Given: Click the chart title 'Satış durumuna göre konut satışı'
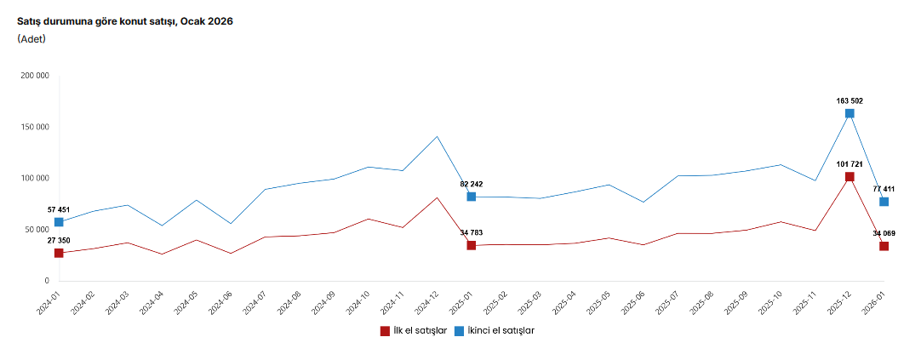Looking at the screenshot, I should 125,21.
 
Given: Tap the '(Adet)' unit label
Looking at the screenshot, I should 31,39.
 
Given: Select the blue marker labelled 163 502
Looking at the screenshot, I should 850,113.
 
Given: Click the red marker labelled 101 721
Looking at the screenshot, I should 850,177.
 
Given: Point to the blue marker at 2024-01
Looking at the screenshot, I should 59,222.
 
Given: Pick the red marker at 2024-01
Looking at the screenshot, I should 59,253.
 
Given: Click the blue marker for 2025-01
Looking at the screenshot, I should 471,197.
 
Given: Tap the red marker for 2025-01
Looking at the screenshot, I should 471,245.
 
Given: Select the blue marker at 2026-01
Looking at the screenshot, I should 884,202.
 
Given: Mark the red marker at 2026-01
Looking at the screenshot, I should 884,246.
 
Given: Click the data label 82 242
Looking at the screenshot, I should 471,184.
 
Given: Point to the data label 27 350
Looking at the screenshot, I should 59,240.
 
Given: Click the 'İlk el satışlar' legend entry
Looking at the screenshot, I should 414,330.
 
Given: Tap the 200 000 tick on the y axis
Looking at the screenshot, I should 35,76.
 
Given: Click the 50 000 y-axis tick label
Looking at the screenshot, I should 37,230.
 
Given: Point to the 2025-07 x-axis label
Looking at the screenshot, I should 666,303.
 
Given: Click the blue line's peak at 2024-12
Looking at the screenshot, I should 437,136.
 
